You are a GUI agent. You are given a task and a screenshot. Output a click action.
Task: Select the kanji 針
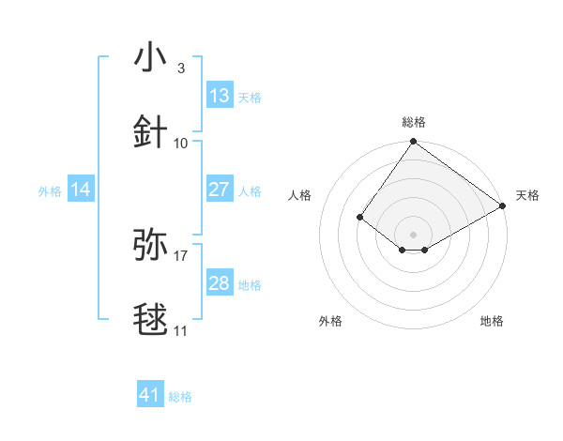pyautogui.click(x=152, y=132)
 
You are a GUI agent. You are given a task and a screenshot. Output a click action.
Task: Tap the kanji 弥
pyautogui.click(x=152, y=244)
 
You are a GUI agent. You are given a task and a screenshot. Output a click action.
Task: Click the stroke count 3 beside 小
pyautogui.click(x=180, y=68)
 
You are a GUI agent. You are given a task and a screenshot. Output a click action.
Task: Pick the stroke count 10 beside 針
pyautogui.click(x=181, y=143)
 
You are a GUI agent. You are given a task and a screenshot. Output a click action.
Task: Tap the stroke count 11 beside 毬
pyautogui.click(x=181, y=330)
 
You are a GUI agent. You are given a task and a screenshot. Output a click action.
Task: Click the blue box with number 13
pyautogui.click(x=220, y=96)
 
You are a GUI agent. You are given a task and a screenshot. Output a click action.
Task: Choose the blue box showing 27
pyautogui.click(x=220, y=190)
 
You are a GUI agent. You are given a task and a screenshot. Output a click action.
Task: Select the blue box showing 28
pyautogui.click(x=220, y=283)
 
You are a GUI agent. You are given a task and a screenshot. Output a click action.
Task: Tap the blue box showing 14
pyautogui.click(x=81, y=190)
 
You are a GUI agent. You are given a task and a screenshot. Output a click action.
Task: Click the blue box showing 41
pyautogui.click(x=150, y=395)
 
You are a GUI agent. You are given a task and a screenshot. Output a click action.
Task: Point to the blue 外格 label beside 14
pyautogui.click(x=50, y=191)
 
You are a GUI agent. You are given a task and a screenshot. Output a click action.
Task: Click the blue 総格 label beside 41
pyautogui.click(x=180, y=397)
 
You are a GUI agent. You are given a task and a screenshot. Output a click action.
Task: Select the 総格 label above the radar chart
pyautogui.click(x=414, y=122)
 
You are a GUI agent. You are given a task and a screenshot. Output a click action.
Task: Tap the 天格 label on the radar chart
pyautogui.click(x=527, y=195)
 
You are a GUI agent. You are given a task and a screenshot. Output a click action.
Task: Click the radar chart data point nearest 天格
pyautogui.click(x=503, y=205)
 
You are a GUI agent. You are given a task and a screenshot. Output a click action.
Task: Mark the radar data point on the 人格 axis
pyautogui.click(x=359, y=217)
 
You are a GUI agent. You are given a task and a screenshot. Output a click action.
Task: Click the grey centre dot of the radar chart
pyautogui.click(x=413, y=234)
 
